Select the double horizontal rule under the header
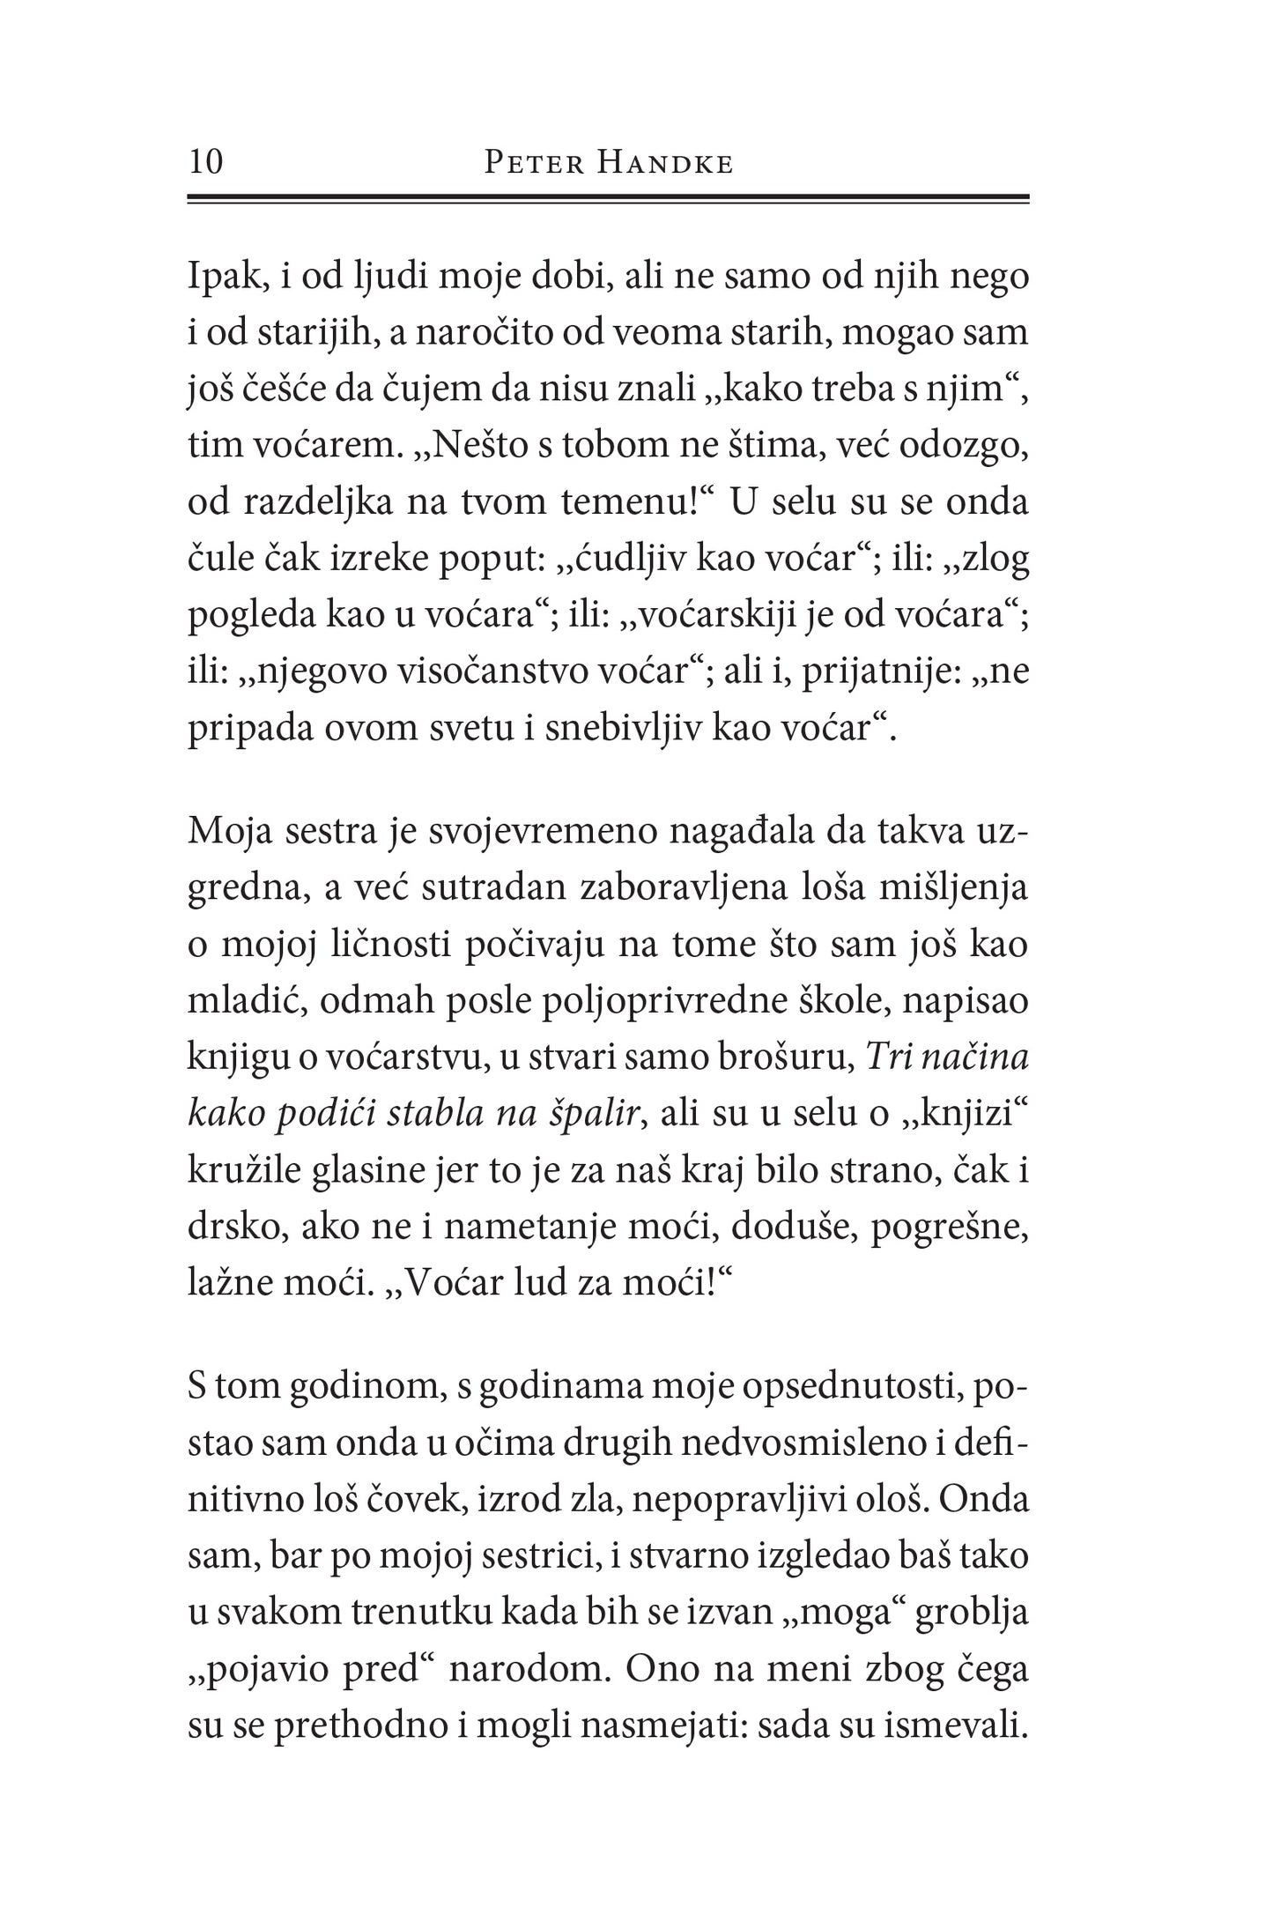pyautogui.click(x=608, y=200)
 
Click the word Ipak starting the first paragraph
pyautogui.click(x=219, y=277)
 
